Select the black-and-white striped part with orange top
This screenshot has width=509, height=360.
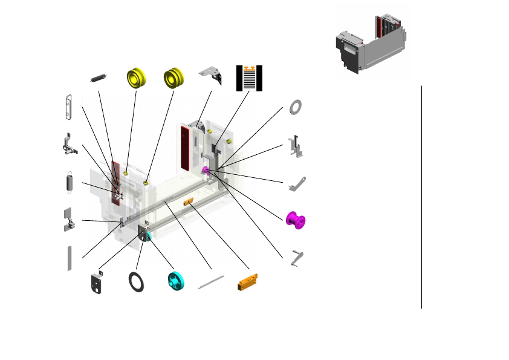250,78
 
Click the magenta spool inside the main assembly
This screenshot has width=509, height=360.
206,172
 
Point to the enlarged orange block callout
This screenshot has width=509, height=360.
248,282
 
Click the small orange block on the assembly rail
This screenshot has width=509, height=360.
189,201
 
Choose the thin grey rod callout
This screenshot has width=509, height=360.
211,282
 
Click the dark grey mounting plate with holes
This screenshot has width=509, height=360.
96,284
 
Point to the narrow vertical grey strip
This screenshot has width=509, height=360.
70,258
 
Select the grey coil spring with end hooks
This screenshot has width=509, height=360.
69,183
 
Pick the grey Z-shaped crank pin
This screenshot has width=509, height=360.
296,258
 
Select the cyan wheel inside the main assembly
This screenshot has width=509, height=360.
144,238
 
